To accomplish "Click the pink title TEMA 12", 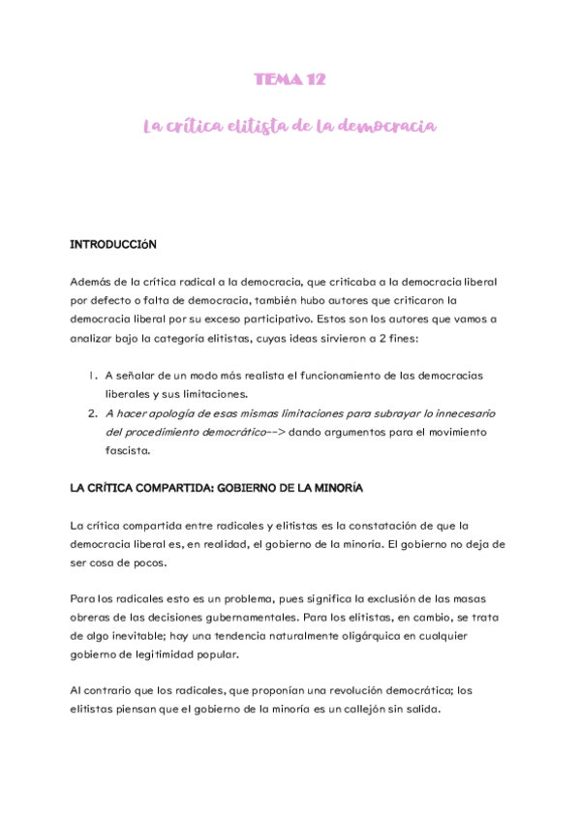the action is pos(290,79).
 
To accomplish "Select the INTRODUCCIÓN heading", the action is pos(112,245).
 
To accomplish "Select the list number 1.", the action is pos(90,375).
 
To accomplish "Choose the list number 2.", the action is pos(90,412).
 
